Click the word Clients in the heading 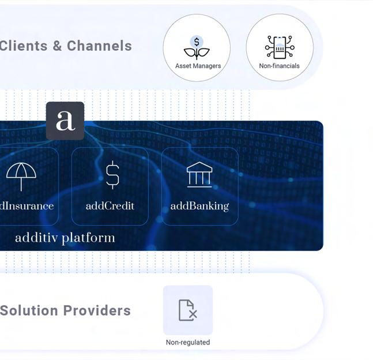pos(23,46)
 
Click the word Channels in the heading pos(99,46)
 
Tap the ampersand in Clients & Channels pos(57,46)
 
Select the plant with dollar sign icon pos(197,47)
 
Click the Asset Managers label pos(198,66)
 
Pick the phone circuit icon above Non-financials pos(280,47)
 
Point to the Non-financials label pos(279,66)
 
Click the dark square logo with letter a pos(65,121)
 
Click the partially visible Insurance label pos(27,206)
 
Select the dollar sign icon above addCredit pos(112,174)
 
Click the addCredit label pos(110,206)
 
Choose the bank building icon pos(199,175)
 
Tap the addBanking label pos(199,206)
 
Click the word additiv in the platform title pos(36,238)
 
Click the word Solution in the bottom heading pos(29,310)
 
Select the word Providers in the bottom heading pos(97,310)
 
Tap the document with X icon pos(187,310)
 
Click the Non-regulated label pos(188,342)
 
